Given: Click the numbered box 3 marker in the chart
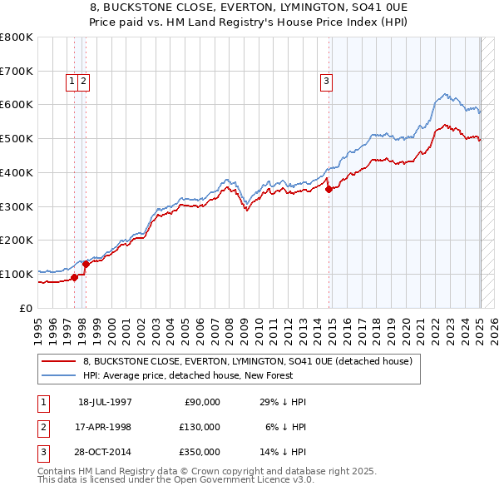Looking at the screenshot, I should pyautogui.click(x=326, y=81).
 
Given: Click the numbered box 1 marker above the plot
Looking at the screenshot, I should pyautogui.click(x=72, y=81).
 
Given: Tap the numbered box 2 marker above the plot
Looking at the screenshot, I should pyautogui.click(x=85, y=81).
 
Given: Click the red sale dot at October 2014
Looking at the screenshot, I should pyautogui.click(x=329, y=189).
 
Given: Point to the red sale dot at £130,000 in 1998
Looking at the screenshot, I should pyautogui.click(x=86, y=264).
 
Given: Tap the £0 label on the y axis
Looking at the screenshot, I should pyautogui.click(x=27, y=308).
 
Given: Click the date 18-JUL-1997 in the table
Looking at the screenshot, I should pyautogui.click(x=105, y=402).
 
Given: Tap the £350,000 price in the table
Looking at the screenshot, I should pyautogui.click(x=200, y=452).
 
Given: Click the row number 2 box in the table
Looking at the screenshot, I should pyautogui.click(x=42, y=427).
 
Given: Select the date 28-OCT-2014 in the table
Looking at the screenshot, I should pyautogui.click(x=105, y=452).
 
